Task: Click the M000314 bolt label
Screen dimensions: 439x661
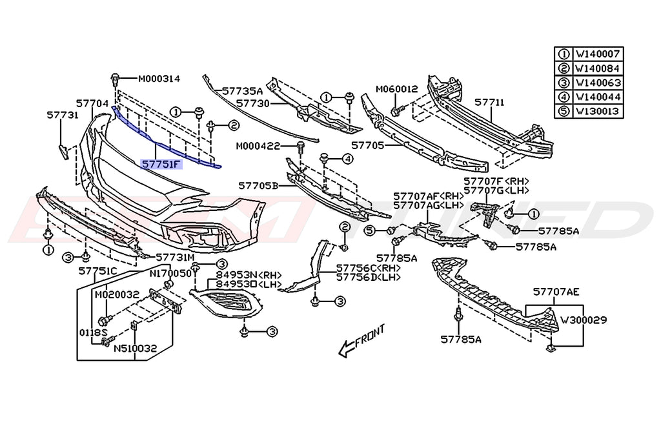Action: point(159,79)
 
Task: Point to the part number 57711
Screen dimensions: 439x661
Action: point(489,103)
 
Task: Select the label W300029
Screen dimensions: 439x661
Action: point(584,320)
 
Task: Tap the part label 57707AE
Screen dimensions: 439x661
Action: point(556,292)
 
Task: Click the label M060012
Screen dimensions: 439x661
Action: point(397,89)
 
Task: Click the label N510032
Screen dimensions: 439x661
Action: point(135,348)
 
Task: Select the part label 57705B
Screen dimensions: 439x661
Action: point(258,185)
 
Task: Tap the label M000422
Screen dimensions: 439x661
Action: point(257,145)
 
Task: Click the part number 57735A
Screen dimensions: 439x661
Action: point(242,92)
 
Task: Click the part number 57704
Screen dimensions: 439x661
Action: point(92,103)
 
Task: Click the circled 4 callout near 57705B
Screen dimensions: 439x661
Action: point(347,158)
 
